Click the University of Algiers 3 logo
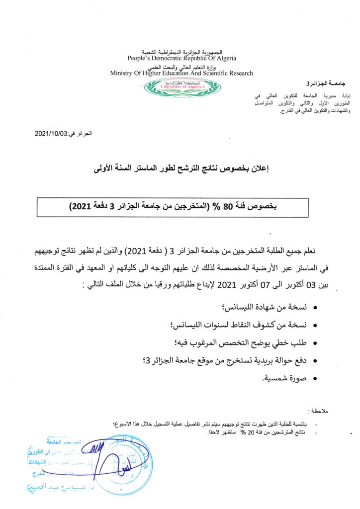[181, 87]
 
